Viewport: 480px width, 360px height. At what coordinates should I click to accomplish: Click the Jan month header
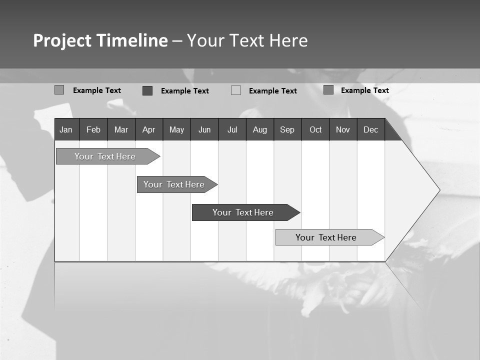click(66, 130)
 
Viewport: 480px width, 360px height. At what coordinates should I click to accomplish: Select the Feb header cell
click(93, 130)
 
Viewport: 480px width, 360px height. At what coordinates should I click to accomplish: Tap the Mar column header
click(121, 130)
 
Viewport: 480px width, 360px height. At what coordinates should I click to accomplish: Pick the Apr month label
click(148, 130)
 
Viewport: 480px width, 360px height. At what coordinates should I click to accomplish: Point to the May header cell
click(176, 130)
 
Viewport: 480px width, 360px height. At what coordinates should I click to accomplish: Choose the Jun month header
click(204, 130)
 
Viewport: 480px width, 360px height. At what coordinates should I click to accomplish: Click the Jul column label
click(232, 130)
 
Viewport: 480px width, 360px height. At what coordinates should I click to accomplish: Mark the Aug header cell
click(260, 130)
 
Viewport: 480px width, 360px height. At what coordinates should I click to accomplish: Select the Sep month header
click(287, 130)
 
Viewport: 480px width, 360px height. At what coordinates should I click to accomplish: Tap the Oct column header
click(315, 130)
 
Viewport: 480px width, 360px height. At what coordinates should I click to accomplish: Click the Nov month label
click(343, 130)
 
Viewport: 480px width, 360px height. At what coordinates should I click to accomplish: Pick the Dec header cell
click(371, 130)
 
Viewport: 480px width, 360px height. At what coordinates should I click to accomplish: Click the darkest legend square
click(147, 90)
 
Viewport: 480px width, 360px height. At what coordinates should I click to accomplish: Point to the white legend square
click(236, 90)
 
